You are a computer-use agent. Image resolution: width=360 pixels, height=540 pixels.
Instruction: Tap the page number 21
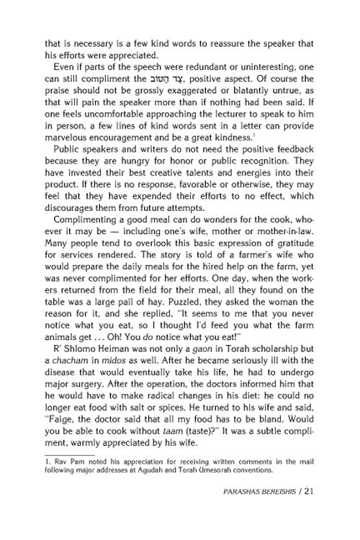point(328,512)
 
